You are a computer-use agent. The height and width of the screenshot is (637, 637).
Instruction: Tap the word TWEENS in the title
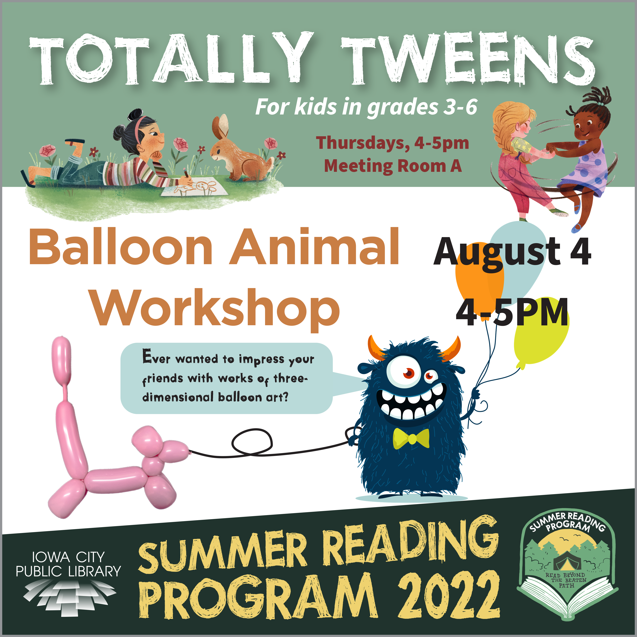point(468,59)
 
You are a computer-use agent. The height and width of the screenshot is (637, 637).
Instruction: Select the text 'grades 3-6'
point(422,107)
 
